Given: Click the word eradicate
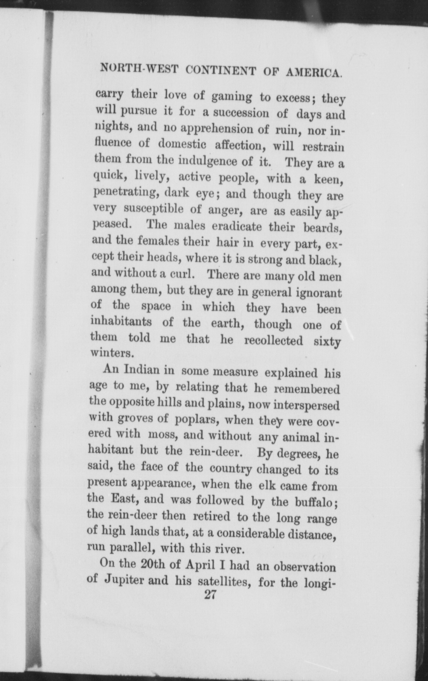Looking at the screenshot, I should [x=237, y=226].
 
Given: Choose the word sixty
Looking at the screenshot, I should [x=327, y=342].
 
